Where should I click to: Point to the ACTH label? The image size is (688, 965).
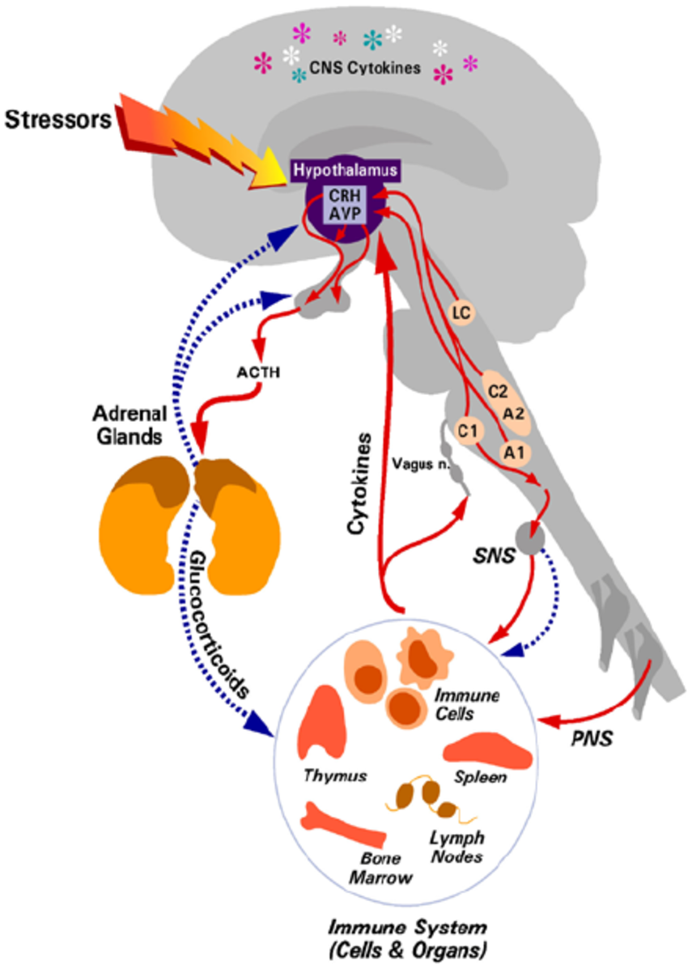coord(258,373)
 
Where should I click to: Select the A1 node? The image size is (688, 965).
coord(513,450)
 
